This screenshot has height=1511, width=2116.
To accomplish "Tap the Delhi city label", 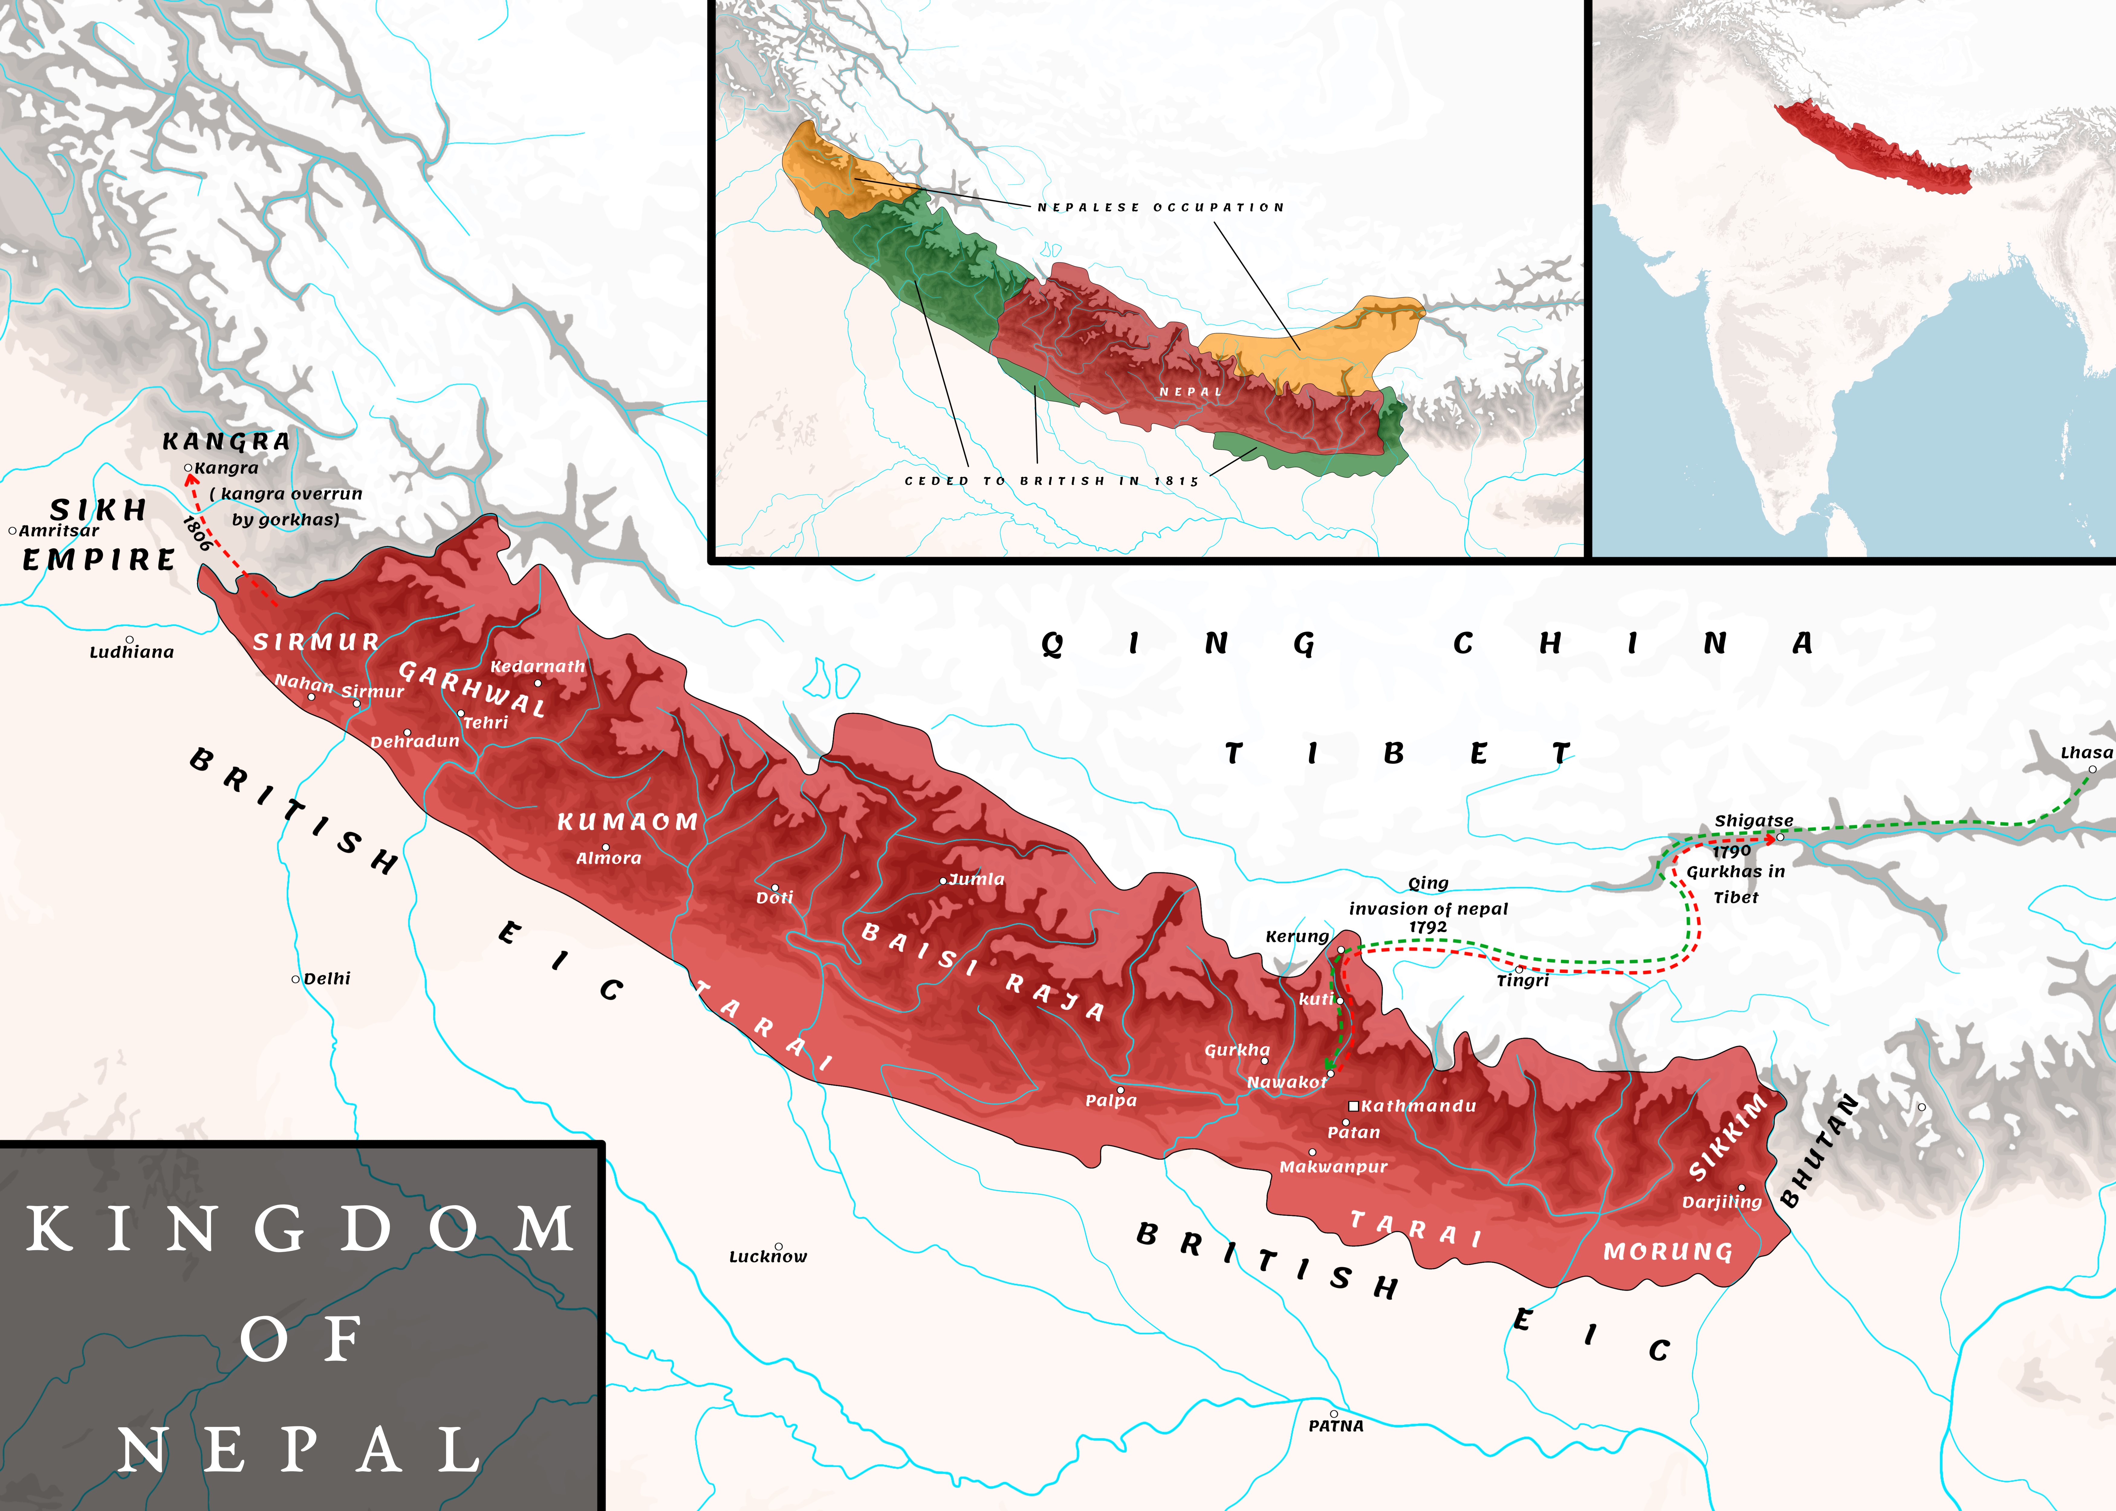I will pyautogui.click(x=326, y=979).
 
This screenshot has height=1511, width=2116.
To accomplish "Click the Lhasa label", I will pyautogui.click(x=2086, y=753).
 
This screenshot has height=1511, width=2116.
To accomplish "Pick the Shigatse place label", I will pyautogui.click(x=1753, y=821).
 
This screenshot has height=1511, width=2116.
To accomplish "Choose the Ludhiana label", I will pyautogui.click(x=131, y=652).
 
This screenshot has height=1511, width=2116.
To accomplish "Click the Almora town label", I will pyautogui.click(x=609, y=858).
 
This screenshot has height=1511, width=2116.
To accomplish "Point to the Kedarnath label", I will pyautogui.click(x=538, y=666).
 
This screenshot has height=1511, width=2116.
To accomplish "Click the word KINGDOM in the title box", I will pyautogui.click(x=300, y=1229).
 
